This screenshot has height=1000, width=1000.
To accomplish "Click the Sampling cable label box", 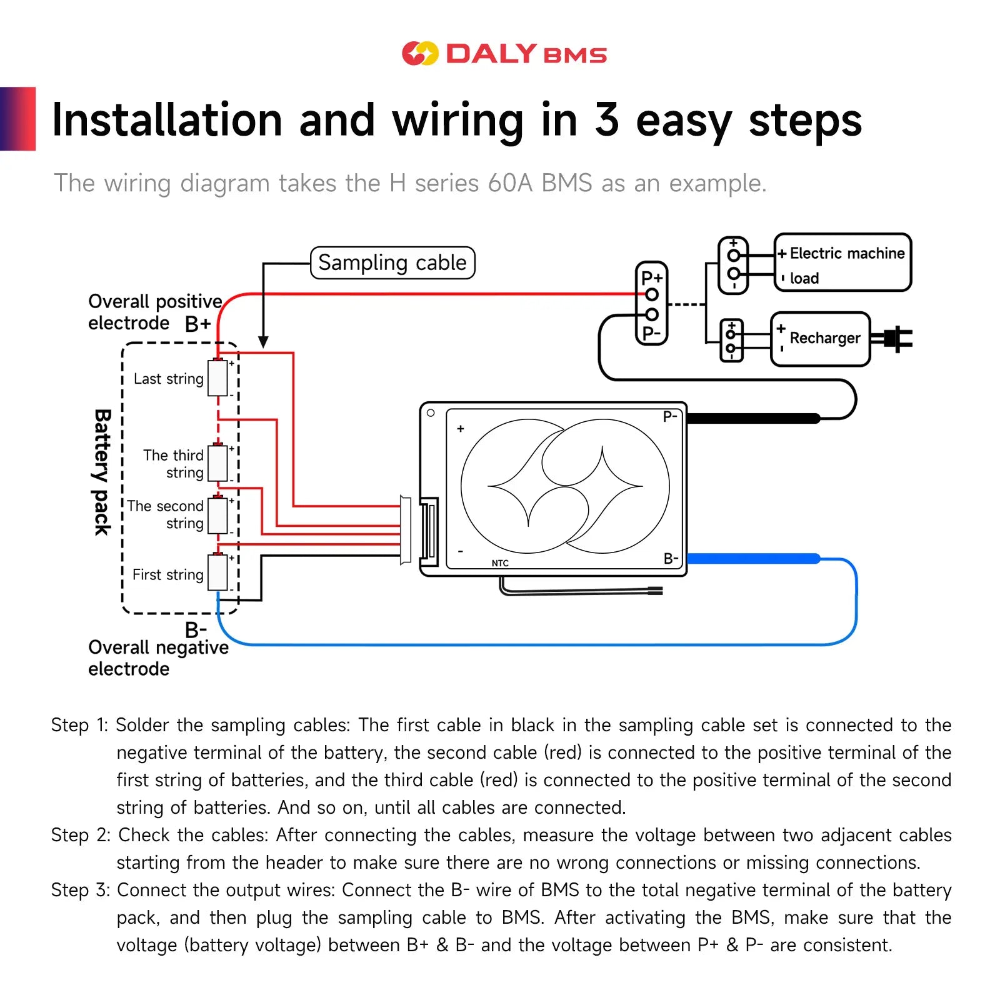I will (x=392, y=262).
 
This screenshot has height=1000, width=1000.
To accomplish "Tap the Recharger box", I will (x=821, y=339).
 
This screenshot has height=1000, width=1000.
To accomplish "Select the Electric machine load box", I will (x=842, y=262).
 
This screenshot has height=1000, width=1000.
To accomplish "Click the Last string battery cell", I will (x=217, y=377).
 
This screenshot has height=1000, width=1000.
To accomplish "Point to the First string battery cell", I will (x=217, y=572).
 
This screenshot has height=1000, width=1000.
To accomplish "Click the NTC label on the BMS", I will (x=500, y=563).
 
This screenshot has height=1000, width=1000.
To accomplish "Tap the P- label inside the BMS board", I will (x=669, y=417).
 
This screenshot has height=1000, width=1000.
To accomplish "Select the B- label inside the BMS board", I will (x=670, y=558).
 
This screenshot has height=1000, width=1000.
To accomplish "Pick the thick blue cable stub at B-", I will (x=753, y=558).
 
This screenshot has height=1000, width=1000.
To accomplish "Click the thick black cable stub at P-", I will (x=753, y=418).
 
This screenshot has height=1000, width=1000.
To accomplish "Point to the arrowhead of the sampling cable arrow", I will (x=264, y=342).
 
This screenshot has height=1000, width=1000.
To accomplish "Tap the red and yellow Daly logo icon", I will (x=420, y=54).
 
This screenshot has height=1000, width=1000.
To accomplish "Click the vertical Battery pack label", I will (x=102, y=472).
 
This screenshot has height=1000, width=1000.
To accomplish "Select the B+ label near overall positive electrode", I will (x=197, y=324).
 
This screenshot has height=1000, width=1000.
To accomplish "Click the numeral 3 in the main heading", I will (x=606, y=120).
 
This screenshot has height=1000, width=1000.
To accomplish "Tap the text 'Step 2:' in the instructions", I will (x=81, y=835).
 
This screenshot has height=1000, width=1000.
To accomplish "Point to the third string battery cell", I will (x=217, y=462).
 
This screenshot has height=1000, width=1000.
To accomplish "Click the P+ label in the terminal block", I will (x=651, y=277).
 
